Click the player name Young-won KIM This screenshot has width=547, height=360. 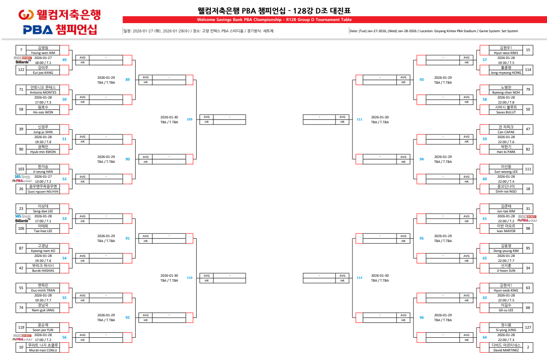click(x=46, y=53)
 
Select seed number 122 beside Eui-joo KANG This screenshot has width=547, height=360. click(x=21, y=70)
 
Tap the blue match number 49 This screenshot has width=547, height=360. click(x=64, y=59)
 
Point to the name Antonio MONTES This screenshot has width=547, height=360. click(x=46, y=92)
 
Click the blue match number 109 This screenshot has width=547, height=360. click(x=190, y=119)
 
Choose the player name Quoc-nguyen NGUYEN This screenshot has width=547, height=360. click(x=46, y=191)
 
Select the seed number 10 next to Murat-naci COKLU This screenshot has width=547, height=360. click(x=21, y=347)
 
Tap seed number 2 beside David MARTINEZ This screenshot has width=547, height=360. click(x=528, y=347)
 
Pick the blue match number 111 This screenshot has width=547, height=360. click(x=359, y=119)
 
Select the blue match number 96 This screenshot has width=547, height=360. click(x=421, y=317)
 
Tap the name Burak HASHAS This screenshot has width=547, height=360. click(x=46, y=271)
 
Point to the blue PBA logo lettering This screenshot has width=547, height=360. click(x=37, y=30)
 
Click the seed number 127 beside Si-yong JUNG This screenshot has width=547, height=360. click(x=528, y=327)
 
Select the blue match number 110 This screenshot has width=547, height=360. click(x=190, y=278)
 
